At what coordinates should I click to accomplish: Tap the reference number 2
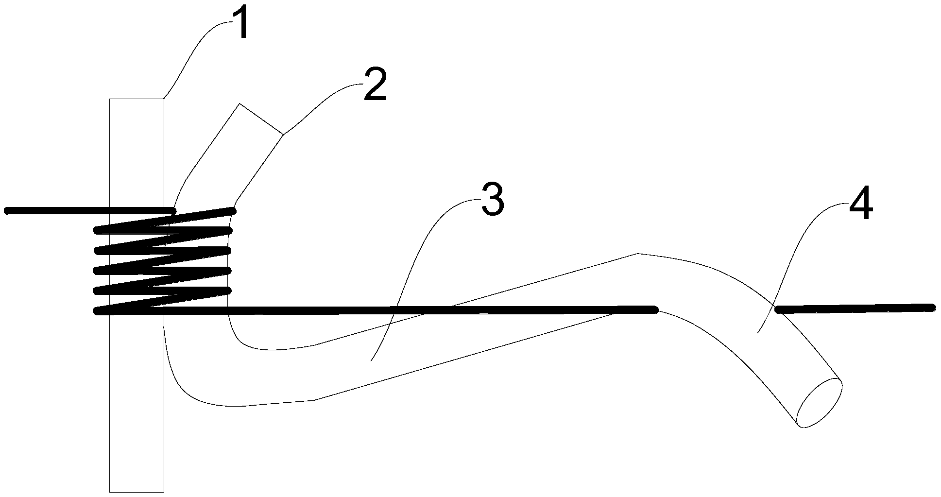pyautogui.click(x=375, y=86)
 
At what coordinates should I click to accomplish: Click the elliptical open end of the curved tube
pyautogui.click(x=820, y=403)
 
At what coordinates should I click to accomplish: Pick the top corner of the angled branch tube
pyautogui.click(x=239, y=103)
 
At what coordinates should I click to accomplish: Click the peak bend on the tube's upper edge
pyautogui.click(x=637, y=254)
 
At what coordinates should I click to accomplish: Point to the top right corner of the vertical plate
pyautogui.click(x=163, y=99)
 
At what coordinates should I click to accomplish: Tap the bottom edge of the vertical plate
pyautogui.click(x=137, y=492)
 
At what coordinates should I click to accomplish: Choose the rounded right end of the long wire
pyautogui.click(x=654, y=308)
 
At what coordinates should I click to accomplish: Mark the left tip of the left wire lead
pyautogui.click(x=7, y=211)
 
